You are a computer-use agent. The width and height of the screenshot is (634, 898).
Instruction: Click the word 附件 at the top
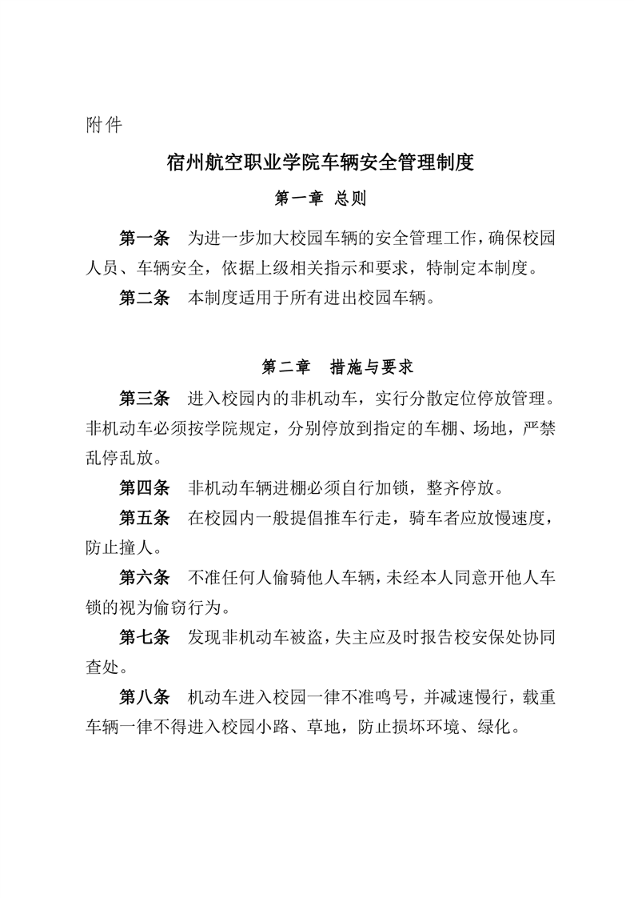point(103,126)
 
